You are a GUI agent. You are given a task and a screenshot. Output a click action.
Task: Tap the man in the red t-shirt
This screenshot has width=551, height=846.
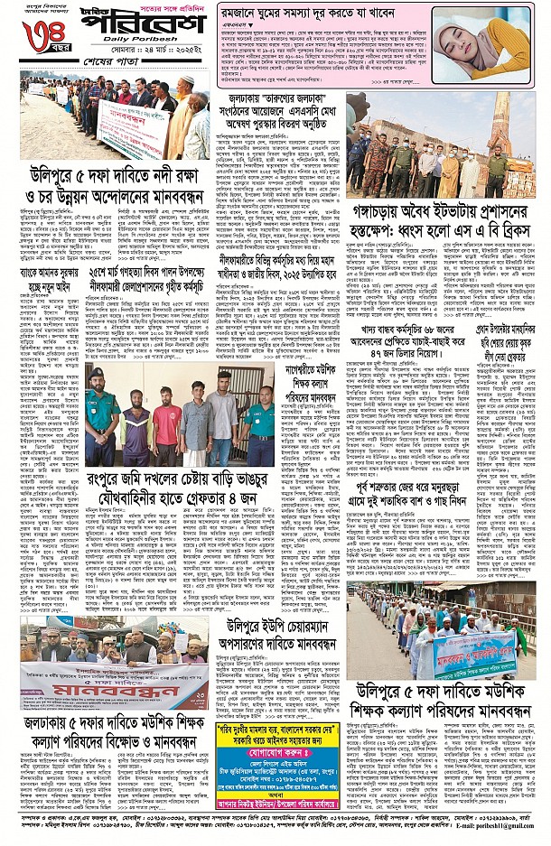[x=166, y=425]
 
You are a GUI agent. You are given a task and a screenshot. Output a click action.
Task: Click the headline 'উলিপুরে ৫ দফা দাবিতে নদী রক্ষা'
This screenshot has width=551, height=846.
[x=113, y=176]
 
